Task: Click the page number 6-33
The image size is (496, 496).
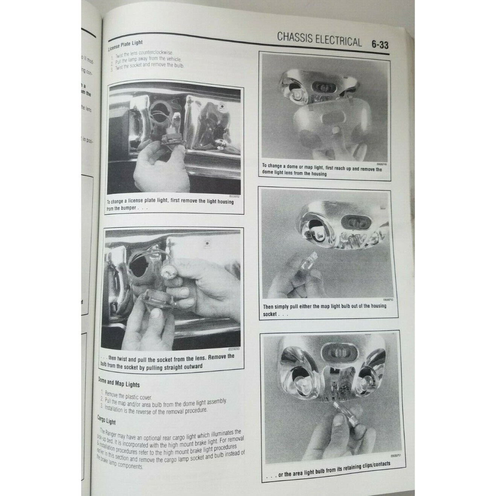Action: (379, 45)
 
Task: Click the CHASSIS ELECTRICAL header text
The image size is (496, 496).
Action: (319, 40)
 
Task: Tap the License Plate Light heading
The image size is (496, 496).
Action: (125, 45)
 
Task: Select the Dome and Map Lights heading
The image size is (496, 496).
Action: (119, 383)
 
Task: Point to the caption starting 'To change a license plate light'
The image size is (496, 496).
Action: (170, 205)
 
